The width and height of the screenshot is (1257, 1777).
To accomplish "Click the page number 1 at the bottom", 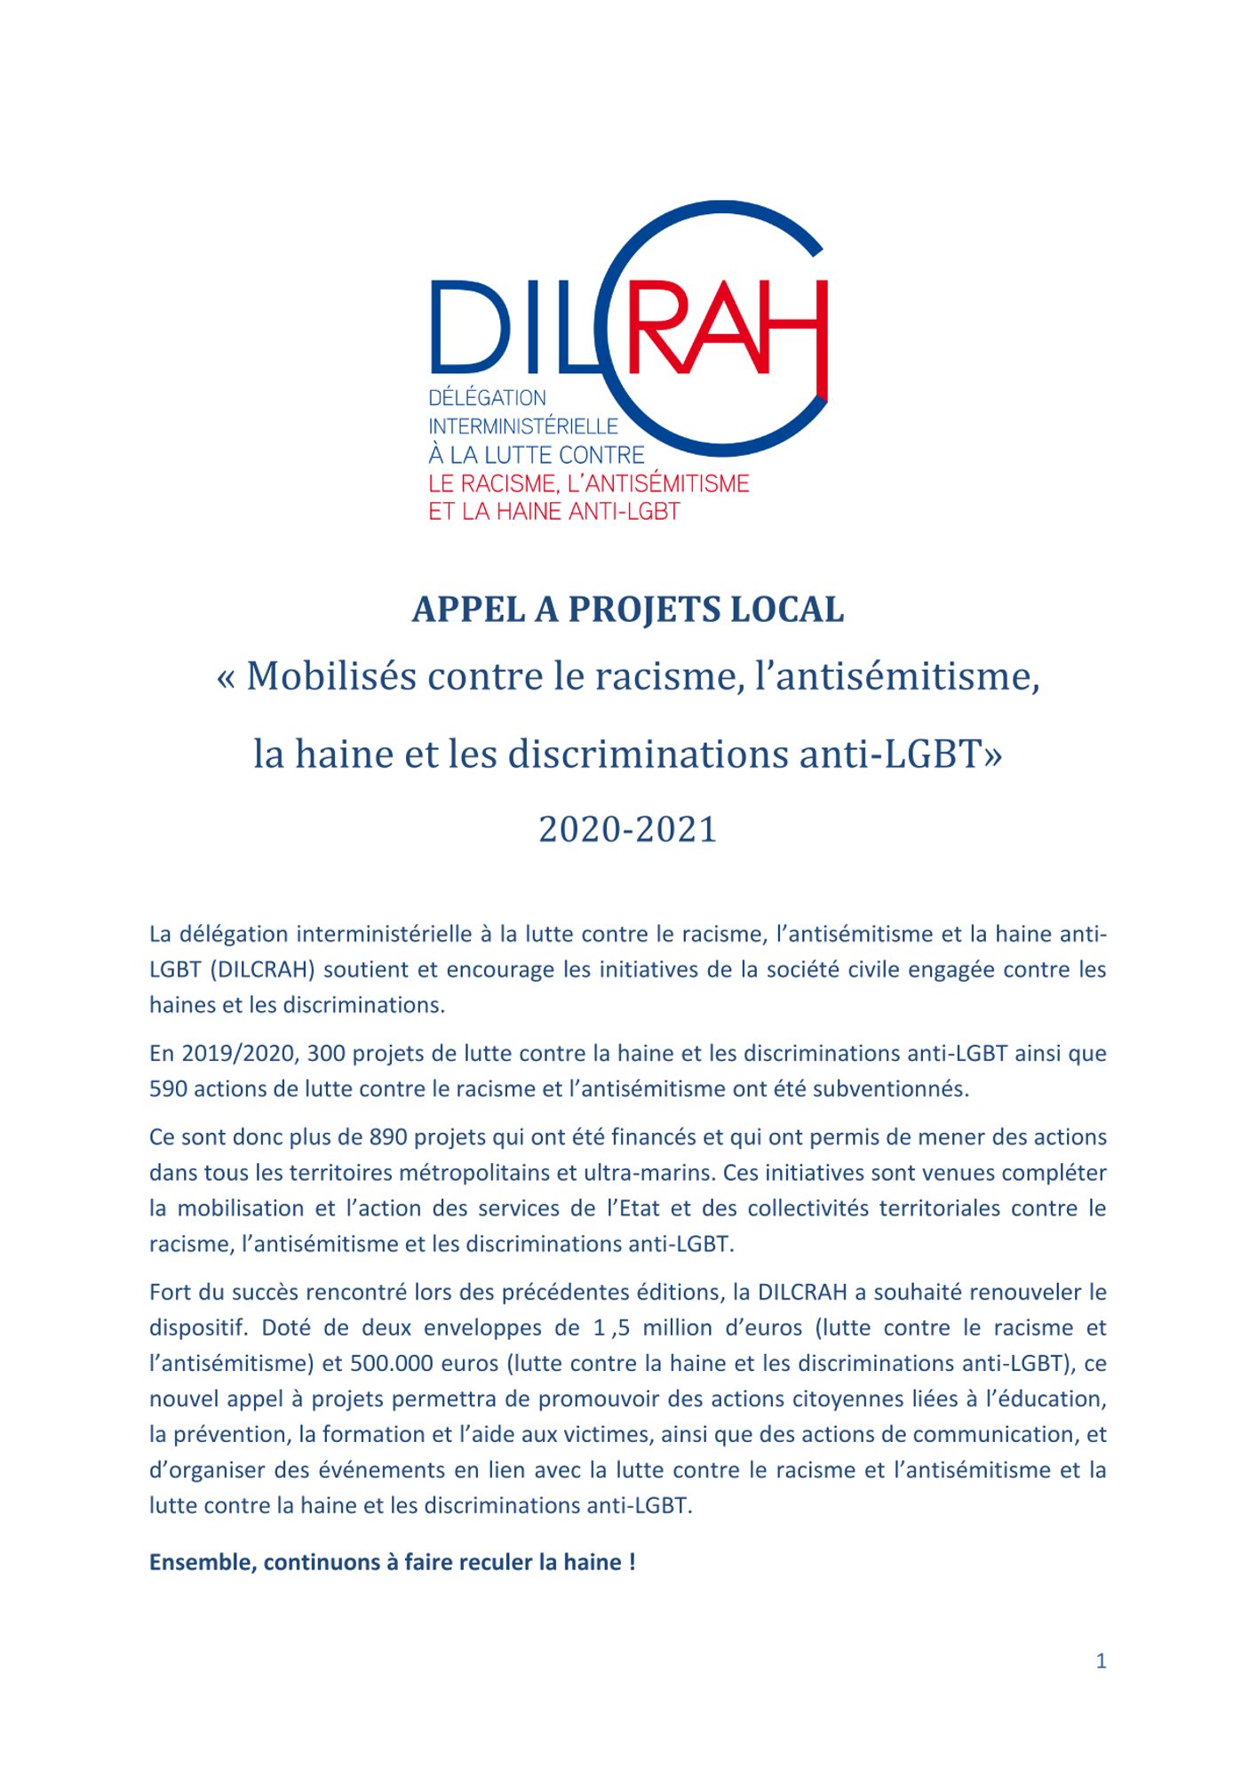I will tap(1101, 1661).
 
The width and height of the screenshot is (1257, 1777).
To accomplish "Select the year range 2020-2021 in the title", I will tap(627, 829).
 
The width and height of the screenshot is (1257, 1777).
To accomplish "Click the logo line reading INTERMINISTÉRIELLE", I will tap(523, 426).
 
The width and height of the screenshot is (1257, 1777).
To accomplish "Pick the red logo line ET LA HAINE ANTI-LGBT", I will tap(554, 512).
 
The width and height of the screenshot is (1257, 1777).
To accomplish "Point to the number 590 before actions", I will tap(168, 1088).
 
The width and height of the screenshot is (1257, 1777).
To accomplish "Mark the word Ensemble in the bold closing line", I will tap(202, 1562).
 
